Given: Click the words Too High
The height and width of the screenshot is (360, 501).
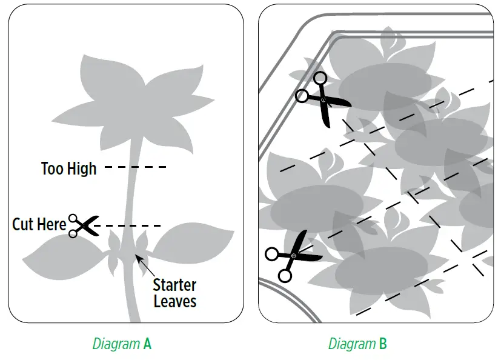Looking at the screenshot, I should click(x=68, y=168).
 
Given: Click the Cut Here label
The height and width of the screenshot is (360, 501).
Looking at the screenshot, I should click(x=39, y=225).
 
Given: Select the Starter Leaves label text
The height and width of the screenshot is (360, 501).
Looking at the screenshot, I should click(x=174, y=293).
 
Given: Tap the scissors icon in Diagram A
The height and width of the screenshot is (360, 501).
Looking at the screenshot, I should click(x=84, y=225).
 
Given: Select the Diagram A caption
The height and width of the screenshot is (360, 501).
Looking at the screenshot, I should click(x=122, y=344).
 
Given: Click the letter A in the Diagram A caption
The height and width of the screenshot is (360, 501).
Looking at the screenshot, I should click(x=147, y=344).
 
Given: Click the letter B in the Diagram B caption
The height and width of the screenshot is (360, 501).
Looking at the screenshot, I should click(x=382, y=344).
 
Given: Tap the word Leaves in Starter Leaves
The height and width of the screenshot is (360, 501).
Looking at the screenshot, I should click(x=175, y=301).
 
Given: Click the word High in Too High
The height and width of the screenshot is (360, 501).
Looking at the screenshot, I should click(x=82, y=168).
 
